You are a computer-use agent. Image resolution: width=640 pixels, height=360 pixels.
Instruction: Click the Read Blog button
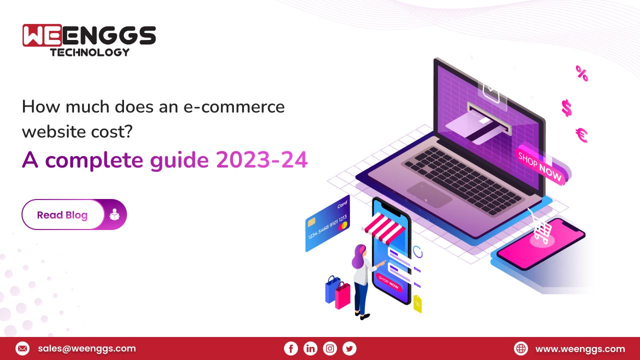coord(62,215)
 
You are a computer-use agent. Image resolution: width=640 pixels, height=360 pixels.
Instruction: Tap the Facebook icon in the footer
coord(290,348)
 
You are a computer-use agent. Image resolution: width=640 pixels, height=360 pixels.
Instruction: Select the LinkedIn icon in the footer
coord(310,348)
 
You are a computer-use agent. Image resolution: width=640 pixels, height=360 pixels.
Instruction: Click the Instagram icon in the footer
coord(330,348)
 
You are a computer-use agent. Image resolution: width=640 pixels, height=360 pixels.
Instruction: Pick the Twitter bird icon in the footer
coord(349,348)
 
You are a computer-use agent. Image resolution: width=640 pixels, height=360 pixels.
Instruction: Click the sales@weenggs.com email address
coord(86,348)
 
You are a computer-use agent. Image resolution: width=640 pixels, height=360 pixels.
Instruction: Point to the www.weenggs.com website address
coord(580,348)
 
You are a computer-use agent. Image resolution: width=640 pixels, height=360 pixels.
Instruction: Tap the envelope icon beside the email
coord(22,348)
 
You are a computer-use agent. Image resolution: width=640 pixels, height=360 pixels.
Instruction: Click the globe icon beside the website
coord(521,348)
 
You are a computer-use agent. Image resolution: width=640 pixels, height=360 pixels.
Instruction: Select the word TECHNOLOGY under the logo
coord(89,52)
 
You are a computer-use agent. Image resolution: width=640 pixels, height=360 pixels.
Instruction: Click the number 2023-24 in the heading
coord(261,160)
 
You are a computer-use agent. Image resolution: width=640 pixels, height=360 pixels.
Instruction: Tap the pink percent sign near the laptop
coord(581,73)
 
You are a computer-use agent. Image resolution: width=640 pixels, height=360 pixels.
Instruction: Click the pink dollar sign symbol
coord(566,107)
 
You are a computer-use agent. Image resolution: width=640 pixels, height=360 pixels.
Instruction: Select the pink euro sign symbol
coord(581,135)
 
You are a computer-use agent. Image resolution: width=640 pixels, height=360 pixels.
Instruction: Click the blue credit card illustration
coord(327,223)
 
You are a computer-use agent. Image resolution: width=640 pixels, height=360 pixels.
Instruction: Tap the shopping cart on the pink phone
coord(541,230)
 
